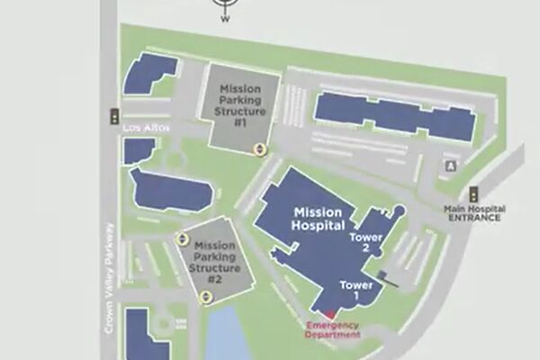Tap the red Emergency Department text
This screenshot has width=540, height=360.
click(333, 329)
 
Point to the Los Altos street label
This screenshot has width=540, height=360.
click(139, 129)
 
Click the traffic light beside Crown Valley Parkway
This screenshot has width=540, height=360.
click(114, 116)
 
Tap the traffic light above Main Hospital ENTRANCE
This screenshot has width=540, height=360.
click(473, 193)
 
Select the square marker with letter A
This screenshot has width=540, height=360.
click(451, 166)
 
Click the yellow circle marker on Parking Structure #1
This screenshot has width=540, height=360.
click(259, 148)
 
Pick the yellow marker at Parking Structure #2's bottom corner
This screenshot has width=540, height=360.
click(206, 296)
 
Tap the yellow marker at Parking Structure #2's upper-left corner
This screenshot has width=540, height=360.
click(183, 238)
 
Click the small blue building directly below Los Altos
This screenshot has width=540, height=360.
click(138, 150)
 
